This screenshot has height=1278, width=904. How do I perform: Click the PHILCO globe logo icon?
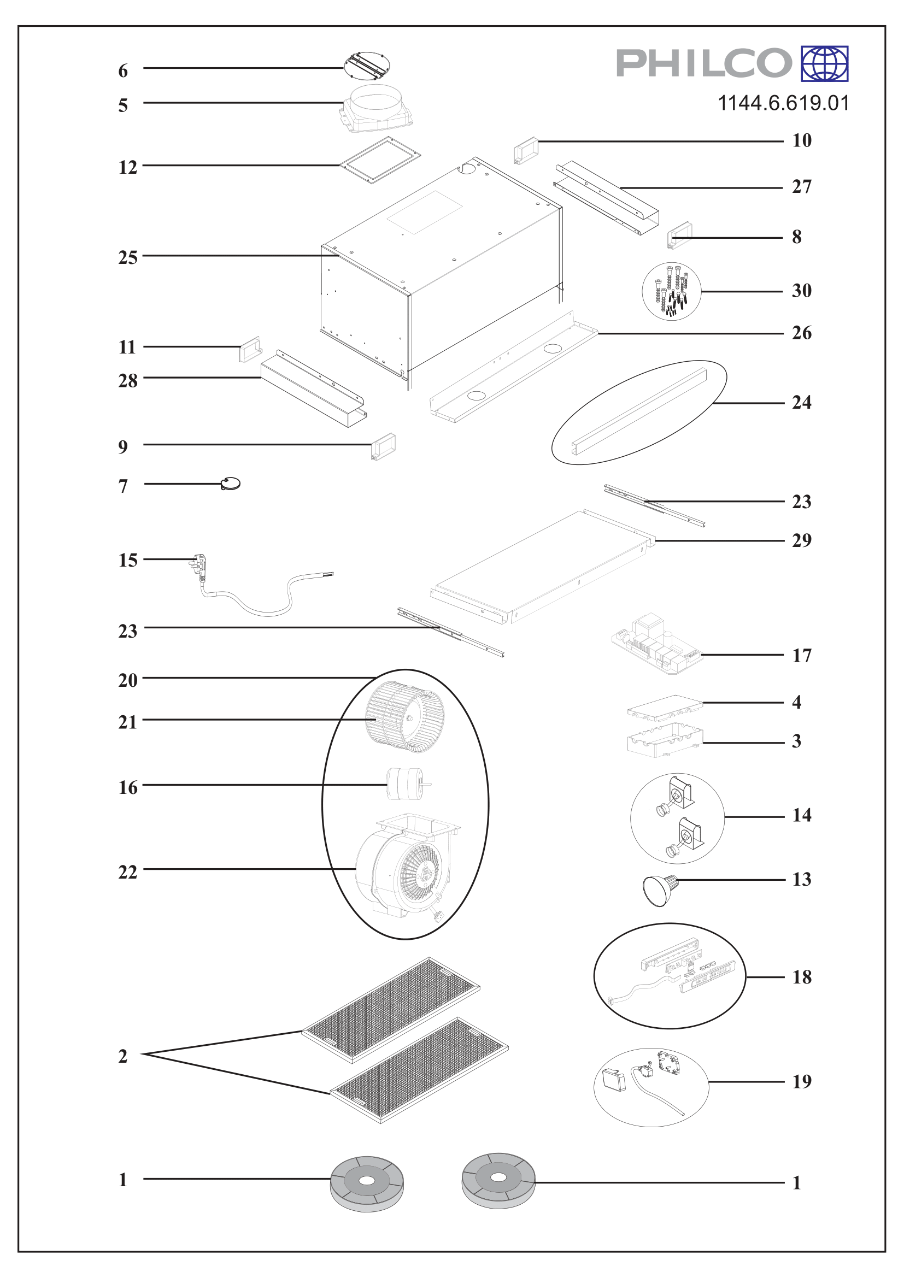point(824,63)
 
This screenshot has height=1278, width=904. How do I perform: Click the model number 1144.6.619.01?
point(783,103)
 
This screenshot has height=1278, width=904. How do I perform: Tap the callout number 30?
point(802,291)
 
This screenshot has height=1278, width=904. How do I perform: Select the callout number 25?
point(127,258)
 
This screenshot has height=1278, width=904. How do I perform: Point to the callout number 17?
point(802,656)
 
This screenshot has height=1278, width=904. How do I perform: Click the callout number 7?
point(123,486)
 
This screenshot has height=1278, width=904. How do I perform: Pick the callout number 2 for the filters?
point(123,1056)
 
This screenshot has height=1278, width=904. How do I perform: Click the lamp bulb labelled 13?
point(661,890)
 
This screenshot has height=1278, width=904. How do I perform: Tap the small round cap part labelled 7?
point(231,484)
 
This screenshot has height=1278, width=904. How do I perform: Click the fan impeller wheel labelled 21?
point(404,717)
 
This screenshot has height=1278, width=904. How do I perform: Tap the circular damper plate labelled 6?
point(367,66)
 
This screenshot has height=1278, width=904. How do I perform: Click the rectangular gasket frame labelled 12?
point(381,160)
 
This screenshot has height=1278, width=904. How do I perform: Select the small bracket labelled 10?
point(526,150)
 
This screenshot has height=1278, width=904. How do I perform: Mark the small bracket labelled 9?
point(384,447)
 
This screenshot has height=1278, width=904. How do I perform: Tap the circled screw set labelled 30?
point(672,291)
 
